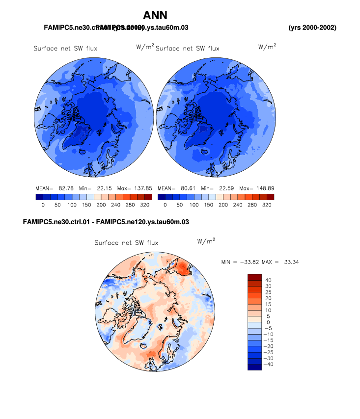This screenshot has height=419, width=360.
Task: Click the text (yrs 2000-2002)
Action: point(312,27)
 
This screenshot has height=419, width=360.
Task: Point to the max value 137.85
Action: point(142,188)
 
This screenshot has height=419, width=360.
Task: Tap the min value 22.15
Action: point(104,188)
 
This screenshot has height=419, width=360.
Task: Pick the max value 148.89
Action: point(264,188)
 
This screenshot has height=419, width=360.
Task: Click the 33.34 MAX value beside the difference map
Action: point(291,262)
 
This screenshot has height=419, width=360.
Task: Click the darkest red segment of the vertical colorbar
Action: point(255,277)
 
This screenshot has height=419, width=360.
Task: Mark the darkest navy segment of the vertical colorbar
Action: point(255,367)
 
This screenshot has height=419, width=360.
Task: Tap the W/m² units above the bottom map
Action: point(206,241)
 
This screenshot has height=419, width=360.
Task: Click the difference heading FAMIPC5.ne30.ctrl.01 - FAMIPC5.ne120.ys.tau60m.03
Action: point(106,222)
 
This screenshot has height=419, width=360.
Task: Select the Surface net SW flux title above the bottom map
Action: point(126,243)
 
